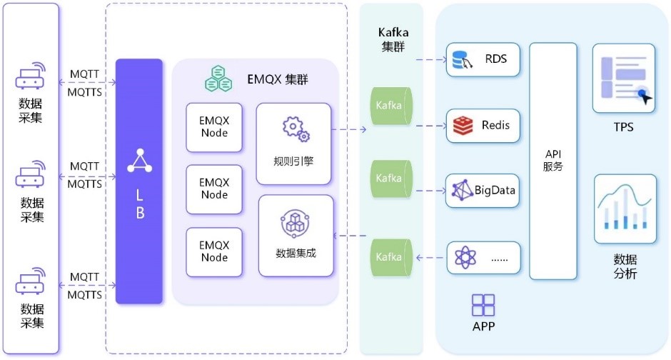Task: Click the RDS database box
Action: pyautogui.click(x=483, y=60)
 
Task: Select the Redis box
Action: pyautogui.click(x=483, y=126)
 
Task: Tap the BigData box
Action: pyautogui.click(x=483, y=191)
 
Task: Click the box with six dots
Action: pyautogui.click(x=483, y=258)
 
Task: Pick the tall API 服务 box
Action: pyautogui.click(x=553, y=161)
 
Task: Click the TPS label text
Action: pyautogui.click(x=623, y=128)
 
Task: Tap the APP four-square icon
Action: pyautogui.click(x=483, y=305)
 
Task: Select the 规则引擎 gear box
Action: pyautogui.click(x=293, y=143)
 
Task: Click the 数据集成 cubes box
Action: pyautogui.click(x=296, y=235)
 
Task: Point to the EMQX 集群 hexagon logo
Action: pyautogui.click(x=218, y=78)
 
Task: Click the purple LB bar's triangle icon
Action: pyautogui.click(x=139, y=161)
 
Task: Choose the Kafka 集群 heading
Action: pyautogui.click(x=391, y=40)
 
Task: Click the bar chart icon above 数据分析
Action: pyautogui.click(x=625, y=208)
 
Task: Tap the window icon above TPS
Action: pyautogui.click(x=623, y=78)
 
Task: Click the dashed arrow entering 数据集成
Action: pyautogui.click(x=350, y=236)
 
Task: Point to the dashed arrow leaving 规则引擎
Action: pyautogui.click(x=350, y=129)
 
